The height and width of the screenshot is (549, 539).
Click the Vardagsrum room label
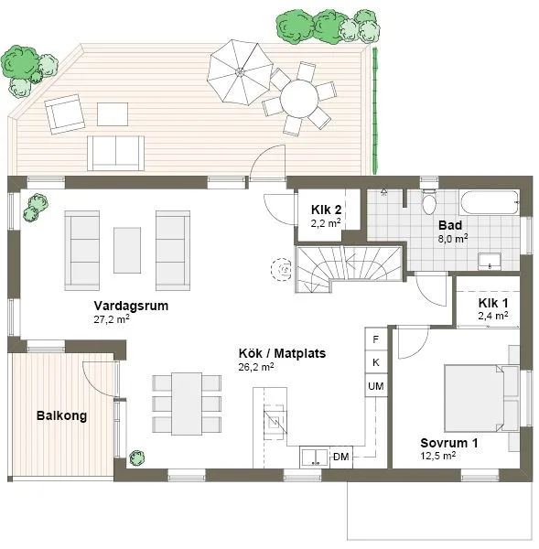[x=131, y=306]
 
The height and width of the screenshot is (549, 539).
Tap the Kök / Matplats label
[x=282, y=353]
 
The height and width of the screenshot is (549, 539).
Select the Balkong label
[x=61, y=416]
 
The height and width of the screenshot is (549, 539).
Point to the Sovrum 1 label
[x=449, y=443]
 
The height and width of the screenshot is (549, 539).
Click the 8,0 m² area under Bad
[x=453, y=239]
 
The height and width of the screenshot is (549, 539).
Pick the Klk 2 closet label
[x=326, y=210]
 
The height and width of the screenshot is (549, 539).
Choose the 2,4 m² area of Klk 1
[x=493, y=316]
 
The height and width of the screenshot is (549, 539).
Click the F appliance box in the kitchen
[x=376, y=339]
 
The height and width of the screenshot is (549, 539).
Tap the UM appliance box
[x=376, y=386]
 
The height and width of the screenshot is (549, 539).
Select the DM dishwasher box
[x=341, y=457]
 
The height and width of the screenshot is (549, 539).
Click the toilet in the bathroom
[x=428, y=202]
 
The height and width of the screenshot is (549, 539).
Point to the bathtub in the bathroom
[x=490, y=202]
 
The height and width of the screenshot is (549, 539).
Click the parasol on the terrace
[x=240, y=72]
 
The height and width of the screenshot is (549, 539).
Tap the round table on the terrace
[x=299, y=98]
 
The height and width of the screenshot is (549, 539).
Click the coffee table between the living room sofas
[x=127, y=250]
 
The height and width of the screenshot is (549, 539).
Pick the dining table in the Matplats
[x=187, y=404]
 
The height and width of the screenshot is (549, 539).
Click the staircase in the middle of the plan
[x=349, y=268]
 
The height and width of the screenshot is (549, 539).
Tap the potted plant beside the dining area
[x=136, y=458]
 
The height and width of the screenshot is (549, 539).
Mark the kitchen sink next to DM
[x=315, y=457]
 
